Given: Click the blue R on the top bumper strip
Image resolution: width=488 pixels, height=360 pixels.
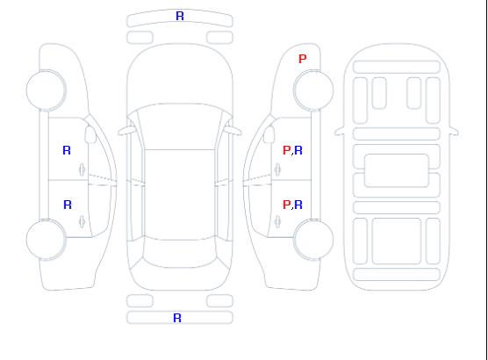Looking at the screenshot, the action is [180, 16].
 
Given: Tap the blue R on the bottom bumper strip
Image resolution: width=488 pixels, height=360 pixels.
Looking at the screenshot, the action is [177, 318].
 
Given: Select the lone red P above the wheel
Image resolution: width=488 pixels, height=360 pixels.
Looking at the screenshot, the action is [303, 59].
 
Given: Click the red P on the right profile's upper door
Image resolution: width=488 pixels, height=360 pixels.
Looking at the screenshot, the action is [287, 150].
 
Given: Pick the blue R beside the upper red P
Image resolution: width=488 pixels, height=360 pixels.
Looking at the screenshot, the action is [298, 150].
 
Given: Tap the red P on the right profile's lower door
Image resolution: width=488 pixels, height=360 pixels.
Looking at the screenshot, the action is [287, 205].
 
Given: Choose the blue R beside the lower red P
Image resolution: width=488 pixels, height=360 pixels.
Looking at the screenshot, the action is [298, 205].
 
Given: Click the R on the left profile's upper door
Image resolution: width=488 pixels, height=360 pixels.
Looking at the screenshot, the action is [67, 150].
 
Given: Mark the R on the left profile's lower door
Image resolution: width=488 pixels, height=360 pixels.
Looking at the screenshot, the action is [68, 205].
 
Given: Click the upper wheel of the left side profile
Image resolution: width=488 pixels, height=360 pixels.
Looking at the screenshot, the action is [46, 90].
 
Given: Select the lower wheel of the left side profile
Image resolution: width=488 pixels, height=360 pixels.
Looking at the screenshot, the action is [46, 240].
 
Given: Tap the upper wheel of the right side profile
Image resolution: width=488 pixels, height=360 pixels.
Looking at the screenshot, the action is [313, 90].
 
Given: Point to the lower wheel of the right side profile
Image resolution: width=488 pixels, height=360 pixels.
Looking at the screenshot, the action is [313, 240].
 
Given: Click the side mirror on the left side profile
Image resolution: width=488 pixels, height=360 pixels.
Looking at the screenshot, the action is [90, 134].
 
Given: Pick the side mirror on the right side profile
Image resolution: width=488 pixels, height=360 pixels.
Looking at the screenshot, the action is [269, 134].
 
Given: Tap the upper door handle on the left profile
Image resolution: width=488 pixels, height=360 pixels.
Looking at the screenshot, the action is [83, 169].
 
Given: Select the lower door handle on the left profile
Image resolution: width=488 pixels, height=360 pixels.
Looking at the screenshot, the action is [83, 221].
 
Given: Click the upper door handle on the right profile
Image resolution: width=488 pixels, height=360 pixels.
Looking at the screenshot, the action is [277, 169].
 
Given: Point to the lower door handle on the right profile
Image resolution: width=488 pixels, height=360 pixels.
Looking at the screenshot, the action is [277, 221].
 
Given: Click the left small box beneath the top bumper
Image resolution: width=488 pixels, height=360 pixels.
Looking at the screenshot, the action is [140, 38].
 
